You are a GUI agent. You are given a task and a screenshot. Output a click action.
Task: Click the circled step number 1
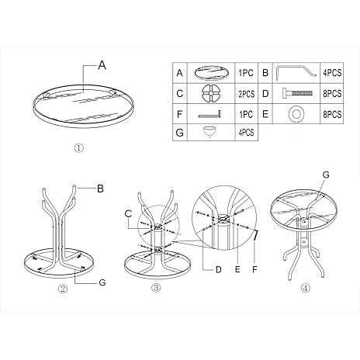click(79, 148)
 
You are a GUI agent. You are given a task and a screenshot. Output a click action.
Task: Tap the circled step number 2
click(63, 289)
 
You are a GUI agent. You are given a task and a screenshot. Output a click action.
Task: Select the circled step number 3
click(156, 289)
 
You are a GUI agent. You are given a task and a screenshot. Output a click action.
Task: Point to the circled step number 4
click(306, 289)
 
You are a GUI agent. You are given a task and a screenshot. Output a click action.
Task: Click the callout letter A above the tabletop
click(102, 65)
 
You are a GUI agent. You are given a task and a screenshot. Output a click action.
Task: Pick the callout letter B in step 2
click(100, 189)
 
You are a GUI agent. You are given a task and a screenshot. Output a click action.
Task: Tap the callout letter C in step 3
click(128, 213)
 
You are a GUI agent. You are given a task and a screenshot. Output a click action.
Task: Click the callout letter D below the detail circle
click(219, 269)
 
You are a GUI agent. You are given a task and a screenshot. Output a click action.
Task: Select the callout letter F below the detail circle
click(254, 269)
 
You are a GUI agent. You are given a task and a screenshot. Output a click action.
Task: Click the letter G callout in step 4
click(326, 175)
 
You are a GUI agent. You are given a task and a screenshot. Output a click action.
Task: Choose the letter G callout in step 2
click(102, 282)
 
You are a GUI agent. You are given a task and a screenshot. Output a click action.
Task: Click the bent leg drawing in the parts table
click(296, 72)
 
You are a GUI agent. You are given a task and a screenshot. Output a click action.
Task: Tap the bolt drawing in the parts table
click(297, 93)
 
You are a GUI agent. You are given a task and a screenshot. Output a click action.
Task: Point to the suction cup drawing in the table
click(209, 131)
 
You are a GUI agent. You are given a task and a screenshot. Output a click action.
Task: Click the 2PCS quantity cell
click(247, 94)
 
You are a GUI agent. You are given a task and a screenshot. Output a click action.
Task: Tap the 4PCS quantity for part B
click(332, 73)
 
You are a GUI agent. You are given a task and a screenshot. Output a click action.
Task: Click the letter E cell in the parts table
click(265, 114)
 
